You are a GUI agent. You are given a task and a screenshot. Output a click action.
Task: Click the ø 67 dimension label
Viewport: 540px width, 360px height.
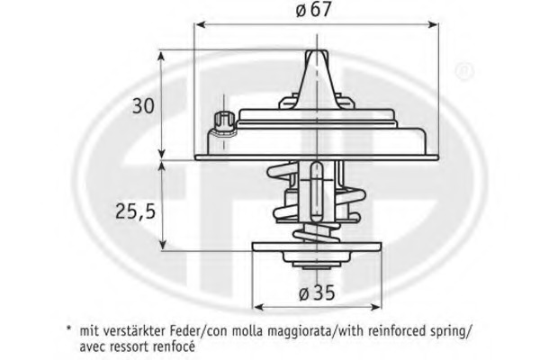(x=313, y=10)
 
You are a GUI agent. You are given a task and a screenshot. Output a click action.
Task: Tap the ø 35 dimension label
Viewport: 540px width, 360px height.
(x=317, y=292)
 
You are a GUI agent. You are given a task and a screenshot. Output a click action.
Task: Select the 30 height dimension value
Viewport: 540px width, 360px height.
(x=144, y=106)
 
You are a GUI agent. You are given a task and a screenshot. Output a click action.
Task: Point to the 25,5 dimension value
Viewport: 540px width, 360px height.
(x=135, y=211)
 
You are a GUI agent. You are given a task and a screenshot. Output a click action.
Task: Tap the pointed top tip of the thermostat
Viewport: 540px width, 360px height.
(x=317, y=51)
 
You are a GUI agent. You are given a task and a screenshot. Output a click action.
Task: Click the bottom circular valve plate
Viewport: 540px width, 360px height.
(x=317, y=247)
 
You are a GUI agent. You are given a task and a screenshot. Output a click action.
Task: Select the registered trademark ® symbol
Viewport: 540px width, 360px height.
(x=464, y=71)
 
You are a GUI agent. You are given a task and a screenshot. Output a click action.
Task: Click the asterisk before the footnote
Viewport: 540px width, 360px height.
(x=69, y=328)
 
